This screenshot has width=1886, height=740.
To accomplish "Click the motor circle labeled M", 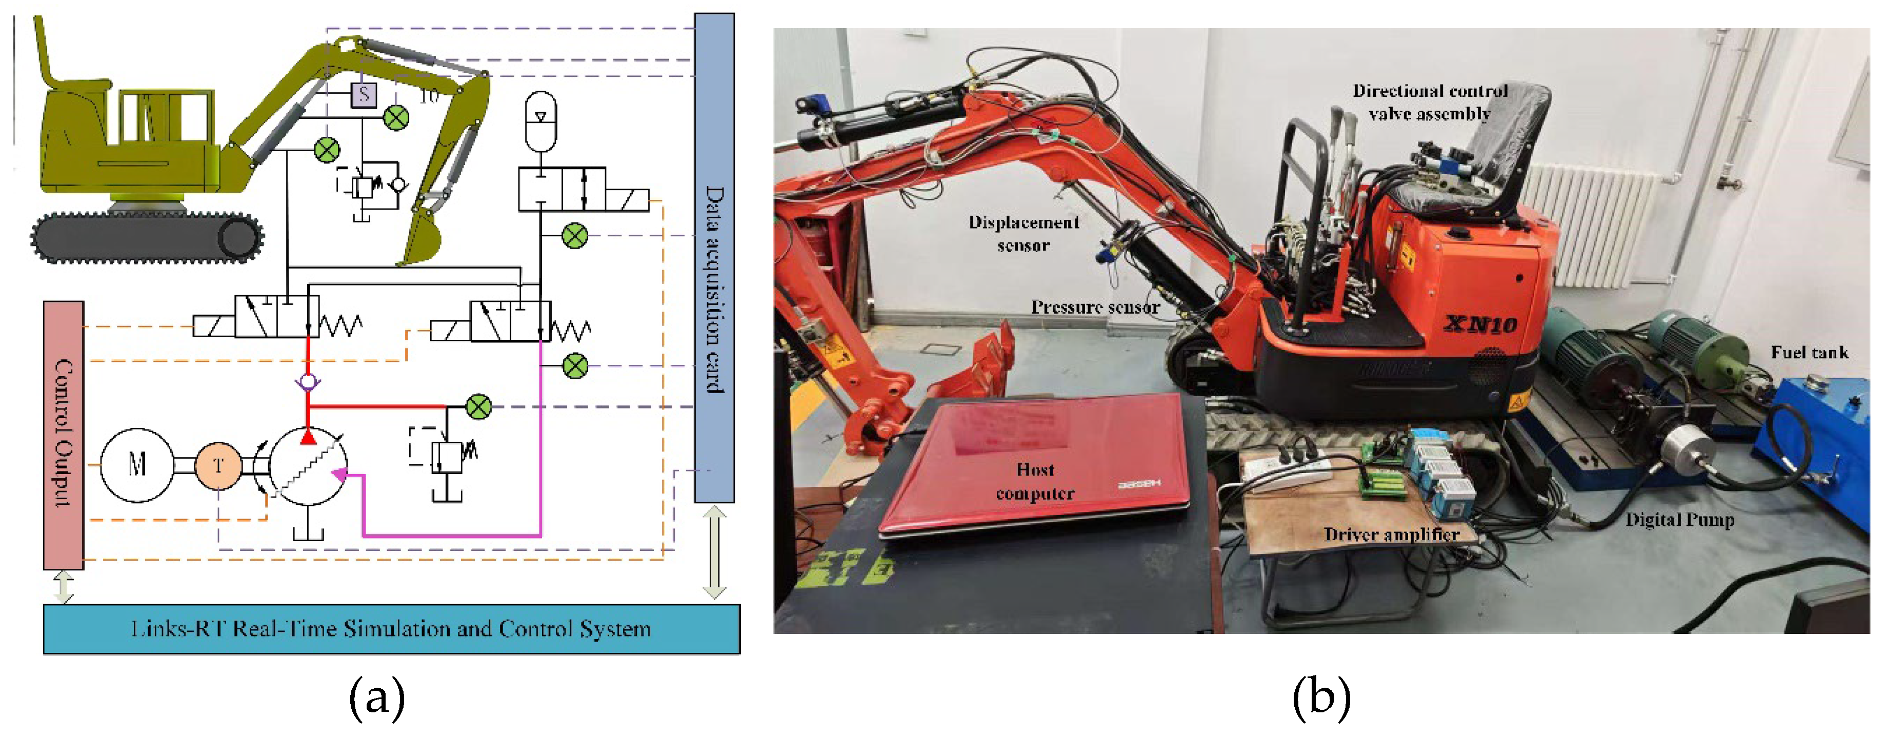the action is pyautogui.click(x=137, y=465).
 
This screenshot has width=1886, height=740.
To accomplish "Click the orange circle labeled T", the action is pyautogui.click(x=218, y=465).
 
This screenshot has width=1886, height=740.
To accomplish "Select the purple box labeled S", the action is pyautogui.click(x=364, y=94).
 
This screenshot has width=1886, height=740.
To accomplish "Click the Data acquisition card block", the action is pyautogui.click(x=714, y=258).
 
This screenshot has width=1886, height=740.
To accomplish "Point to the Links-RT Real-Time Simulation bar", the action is pyautogui.click(x=392, y=629).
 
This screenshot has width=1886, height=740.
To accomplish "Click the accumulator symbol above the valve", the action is pyautogui.click(x=541, y=121).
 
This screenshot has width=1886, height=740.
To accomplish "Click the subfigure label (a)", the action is pyautogui.click(x=377, y=697).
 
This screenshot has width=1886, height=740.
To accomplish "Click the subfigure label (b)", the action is pyautogui.click(x=1321, y=697).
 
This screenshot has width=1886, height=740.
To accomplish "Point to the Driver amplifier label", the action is pyautogui.click(x=1391, y=535).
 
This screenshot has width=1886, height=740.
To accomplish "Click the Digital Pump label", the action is pyautogui.click(x=1679, y=520).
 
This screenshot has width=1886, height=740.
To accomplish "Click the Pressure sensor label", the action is pyautogui.click(x=1095, y=307).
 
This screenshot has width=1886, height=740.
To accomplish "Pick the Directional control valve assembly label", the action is pyautogui.click(x=1429, y=102).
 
